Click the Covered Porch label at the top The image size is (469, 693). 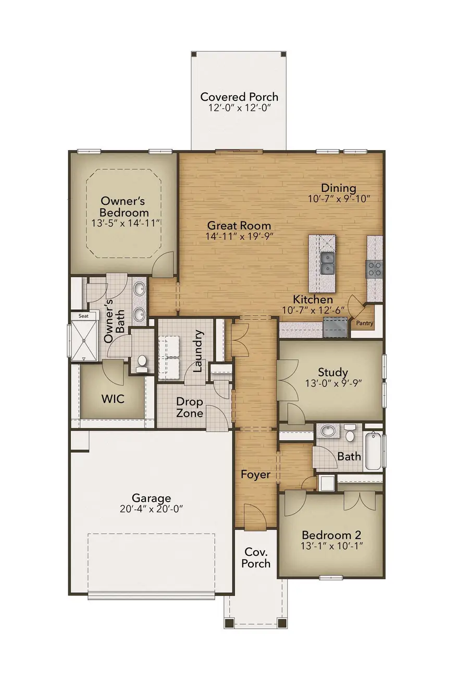click(239, 97)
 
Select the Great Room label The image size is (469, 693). click(239, 225)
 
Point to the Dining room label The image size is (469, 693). click(339, 188)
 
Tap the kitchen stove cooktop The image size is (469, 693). click(375, 269)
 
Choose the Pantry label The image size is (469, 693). click(365, 323)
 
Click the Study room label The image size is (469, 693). click(333, 372)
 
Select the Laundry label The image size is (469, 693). click(198, 351)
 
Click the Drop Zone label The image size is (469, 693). click(189, 407)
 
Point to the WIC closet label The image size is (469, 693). click(113, 399)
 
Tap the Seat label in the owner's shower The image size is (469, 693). click(83, 316)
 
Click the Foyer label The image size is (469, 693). click(255, 475)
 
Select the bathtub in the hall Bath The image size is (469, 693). click(374, 451)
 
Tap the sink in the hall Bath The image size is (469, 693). click(328, 432)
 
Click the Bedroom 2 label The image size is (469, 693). click(331, 535)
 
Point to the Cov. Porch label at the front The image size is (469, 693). click(256, 557)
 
